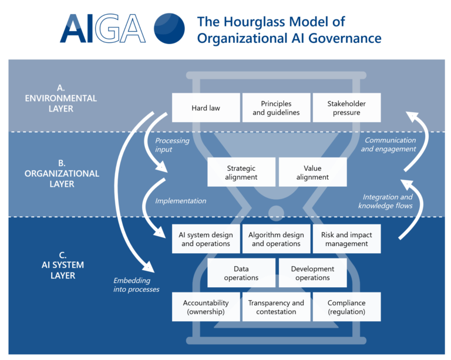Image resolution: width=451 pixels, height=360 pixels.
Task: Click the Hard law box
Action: (x=206, y=108)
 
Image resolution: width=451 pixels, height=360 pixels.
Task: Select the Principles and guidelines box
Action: (x=276, y=108)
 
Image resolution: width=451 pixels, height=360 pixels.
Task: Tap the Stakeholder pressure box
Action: (x=346, y=108)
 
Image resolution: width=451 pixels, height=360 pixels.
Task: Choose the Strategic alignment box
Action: (x=241, y=173)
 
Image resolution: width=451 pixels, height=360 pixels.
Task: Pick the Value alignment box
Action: (x=312, y=173)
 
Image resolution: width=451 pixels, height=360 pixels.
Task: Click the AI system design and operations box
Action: (x=206, y=239)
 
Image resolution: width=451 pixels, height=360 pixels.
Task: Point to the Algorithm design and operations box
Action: (x=276, y=239)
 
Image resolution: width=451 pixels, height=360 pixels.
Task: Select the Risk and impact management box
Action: (x=346, y=239)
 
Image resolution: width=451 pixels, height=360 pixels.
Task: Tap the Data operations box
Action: (x=241, y=273)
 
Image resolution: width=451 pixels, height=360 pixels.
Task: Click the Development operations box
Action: (x=312, y=273)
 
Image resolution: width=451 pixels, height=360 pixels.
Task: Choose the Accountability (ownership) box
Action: (x=206, y=307)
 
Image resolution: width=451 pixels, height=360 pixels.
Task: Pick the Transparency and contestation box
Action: (x=276, y=307)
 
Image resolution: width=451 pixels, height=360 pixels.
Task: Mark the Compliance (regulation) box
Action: (x=346, y=307)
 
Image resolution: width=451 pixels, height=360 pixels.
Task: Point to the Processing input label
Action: (x=172, y=145)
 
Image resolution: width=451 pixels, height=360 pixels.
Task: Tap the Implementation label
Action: (x=180, y=201)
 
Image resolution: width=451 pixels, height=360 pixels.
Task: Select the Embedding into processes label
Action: (x=136, y=285)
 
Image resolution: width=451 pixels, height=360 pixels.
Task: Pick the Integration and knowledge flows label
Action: (x=385, y=201)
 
